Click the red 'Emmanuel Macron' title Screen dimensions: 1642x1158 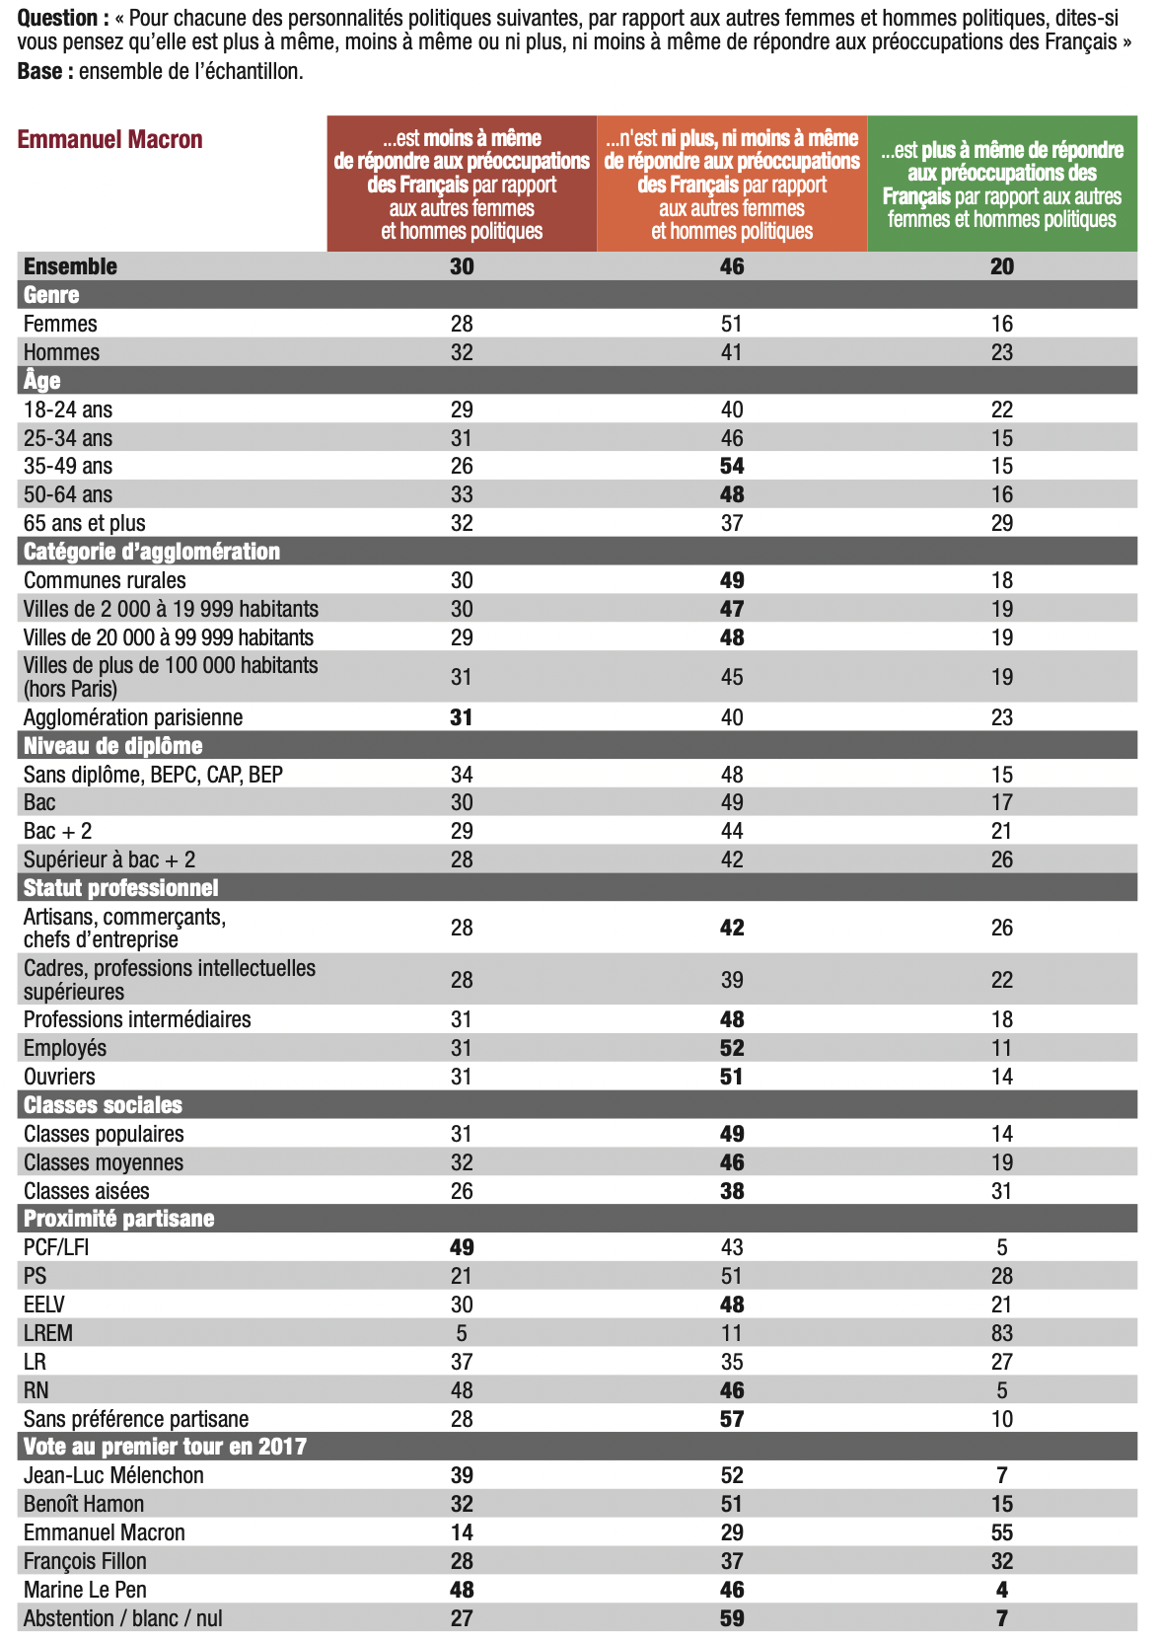pyautogui.click(x=109, y=139)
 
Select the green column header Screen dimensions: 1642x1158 pyautogui.click(x=1001, y=184)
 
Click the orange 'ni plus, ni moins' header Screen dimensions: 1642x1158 pyautogui.click(x=732, y=184)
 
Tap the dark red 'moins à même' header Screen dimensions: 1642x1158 pyautogui.click(x=462, y=184)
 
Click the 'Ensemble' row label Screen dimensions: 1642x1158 pyautogui.click(x=70, y=266)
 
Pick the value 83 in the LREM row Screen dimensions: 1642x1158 pyautogui.click(x=1001, y=1333)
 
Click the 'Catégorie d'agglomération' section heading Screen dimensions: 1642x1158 pyautogui.click(x=152, y=552)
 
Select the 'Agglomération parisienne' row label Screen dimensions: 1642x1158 pyautogui.click(x=133, y=717)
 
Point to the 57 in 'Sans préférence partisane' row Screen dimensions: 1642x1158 pyautogui.click(x=732, y=1419)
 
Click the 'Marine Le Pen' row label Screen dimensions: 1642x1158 pyautogui.click(x=85, y=1590)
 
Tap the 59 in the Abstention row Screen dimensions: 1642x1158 pyautogui.click(x=732, y=1618)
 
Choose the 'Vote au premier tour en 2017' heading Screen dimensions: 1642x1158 pyautogui.click(x=165, y=1447)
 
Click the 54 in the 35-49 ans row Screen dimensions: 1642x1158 pyautogui.click(x=732, y=466)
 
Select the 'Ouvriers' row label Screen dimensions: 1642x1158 pyautogui.click(x=59, y=1077)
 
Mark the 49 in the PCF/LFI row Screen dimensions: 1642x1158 pyautogui.click(x=462, y=1247)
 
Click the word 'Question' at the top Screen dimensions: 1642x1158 pyautogui.click(x=57, y=18)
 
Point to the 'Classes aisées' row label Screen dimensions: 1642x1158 pyautogui.click(x=87, y=1191)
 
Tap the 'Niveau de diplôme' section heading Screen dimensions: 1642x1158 pyautogui.click(x=113, y=746)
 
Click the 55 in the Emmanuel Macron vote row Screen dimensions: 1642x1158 pyautogui.click(x=1001, y=1532)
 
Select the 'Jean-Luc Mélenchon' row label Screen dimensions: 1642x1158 pyautogui.click(x=113, y=1475)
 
